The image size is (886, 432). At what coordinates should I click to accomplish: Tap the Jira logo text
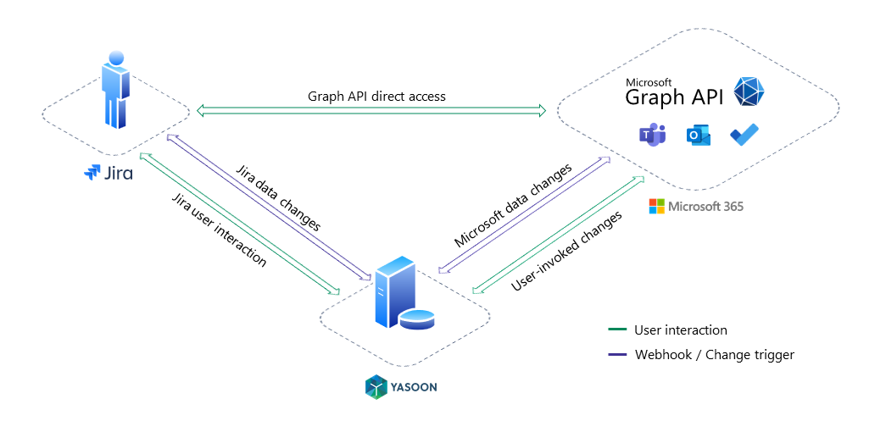pyautogui.click(x=118, y=174)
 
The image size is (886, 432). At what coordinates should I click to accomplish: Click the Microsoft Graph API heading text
pyautogui.click(x=673, y=94)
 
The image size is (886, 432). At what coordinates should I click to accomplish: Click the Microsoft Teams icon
pyautogui.click(x=651, y=135)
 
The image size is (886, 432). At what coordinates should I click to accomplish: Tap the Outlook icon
pyautogui.click(x=699, y=136)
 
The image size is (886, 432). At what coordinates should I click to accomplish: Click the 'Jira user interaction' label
pyautogui.click(x=220, y=230)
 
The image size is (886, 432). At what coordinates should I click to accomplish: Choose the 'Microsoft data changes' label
pyautogui.click(x=513, y=206)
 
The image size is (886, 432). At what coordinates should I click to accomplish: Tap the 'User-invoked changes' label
pyautogui.click(x=566, y=252)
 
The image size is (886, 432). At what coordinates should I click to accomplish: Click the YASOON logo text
pyautogui.click(x=414, y=388)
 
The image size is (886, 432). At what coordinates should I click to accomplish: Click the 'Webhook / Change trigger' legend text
pyautogui.click(x=714, y=355)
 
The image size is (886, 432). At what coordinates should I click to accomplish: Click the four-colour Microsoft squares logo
pyautogui.click(x=656, y=206)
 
